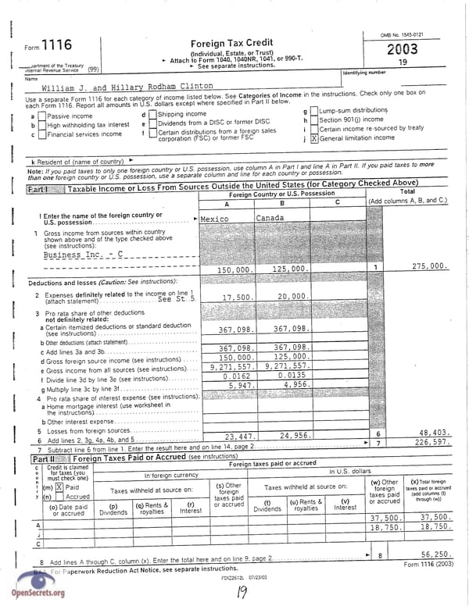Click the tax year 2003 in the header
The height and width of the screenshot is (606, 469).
(x=402, y=49)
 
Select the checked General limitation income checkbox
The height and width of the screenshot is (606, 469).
(x=314, y=138)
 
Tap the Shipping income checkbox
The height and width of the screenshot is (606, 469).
(x=152, y=115)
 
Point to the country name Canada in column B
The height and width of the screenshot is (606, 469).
(x=270, y=219)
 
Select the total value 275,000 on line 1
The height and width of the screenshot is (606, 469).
(x=429, y=266)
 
